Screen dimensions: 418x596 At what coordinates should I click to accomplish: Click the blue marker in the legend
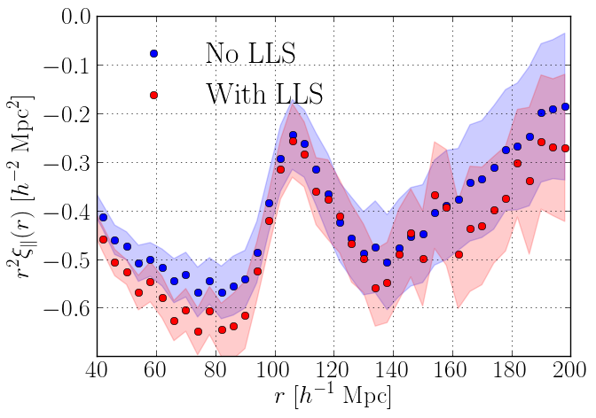[x=153, y=54]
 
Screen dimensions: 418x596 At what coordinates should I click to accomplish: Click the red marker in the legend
[x=153, y=95]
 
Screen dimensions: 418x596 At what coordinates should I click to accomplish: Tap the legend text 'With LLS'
[x=263, y=93]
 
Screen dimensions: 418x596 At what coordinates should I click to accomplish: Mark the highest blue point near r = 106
[x=293, y=135]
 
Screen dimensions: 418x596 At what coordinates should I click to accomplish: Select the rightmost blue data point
[x=565, y=107]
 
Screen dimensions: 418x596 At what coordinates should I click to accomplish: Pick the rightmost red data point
[x=565, y=148]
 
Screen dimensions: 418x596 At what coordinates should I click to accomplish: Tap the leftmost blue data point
[x=103, y=217]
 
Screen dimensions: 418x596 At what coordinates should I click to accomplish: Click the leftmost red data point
[x=103, y=239]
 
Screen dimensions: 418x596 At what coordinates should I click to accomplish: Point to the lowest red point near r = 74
[x=198, y=332]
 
